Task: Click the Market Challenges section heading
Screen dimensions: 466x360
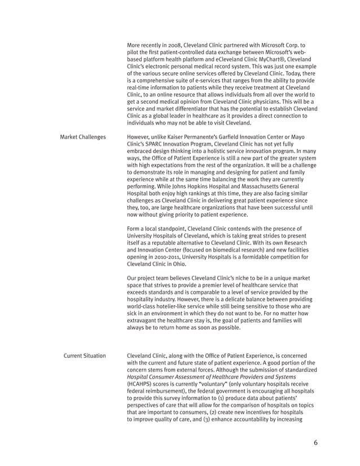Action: coord(82,137)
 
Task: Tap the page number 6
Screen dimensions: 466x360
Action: coord(315,442)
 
